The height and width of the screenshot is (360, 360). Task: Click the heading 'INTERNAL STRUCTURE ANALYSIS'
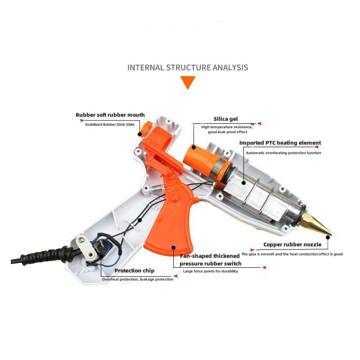188,67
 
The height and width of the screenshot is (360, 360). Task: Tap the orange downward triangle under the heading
188,82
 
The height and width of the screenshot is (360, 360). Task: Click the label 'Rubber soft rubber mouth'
110,115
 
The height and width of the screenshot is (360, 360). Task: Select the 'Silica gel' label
226,119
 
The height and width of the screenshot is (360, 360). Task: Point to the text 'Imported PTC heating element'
280,143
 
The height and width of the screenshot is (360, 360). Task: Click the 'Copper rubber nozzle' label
292,244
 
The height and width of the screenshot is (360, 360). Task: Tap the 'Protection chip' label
134,271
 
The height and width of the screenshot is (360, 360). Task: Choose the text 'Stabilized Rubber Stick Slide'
110,125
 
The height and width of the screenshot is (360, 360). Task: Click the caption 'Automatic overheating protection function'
283,153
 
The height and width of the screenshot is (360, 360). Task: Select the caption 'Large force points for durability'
210,271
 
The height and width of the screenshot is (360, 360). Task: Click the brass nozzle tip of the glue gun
318,224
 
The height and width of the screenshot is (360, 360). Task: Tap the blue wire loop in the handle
106,255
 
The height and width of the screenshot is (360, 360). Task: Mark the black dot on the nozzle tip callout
328,237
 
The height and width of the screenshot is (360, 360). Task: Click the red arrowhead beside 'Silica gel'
259,123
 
